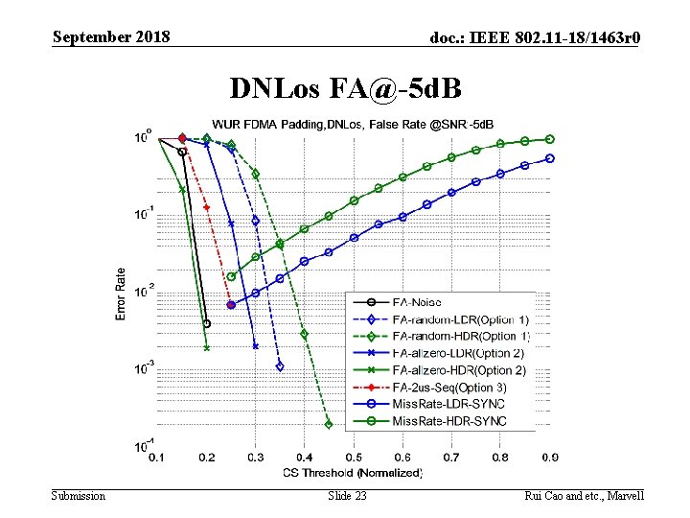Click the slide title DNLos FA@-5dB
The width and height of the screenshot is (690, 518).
[346, 89]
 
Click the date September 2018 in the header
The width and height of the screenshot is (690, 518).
[111, 37]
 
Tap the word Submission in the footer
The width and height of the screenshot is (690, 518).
[79, 495]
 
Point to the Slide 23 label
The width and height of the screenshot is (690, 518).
[347, 495]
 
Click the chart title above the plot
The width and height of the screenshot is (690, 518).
[353, 125]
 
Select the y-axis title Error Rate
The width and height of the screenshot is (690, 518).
[122, 294]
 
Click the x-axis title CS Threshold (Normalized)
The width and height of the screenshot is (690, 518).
[353, 472]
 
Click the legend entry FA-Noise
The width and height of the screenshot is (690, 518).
[417, 302]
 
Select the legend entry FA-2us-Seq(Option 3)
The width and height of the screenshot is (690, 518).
[449, 388]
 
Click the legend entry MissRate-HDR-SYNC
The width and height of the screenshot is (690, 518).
[448, 421]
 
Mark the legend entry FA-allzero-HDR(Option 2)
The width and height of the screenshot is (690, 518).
[458, 370]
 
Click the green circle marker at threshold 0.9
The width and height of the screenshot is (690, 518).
[550, 139]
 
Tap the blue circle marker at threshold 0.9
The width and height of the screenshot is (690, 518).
[550, 158]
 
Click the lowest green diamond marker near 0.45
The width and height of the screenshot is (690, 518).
[329, 424]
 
